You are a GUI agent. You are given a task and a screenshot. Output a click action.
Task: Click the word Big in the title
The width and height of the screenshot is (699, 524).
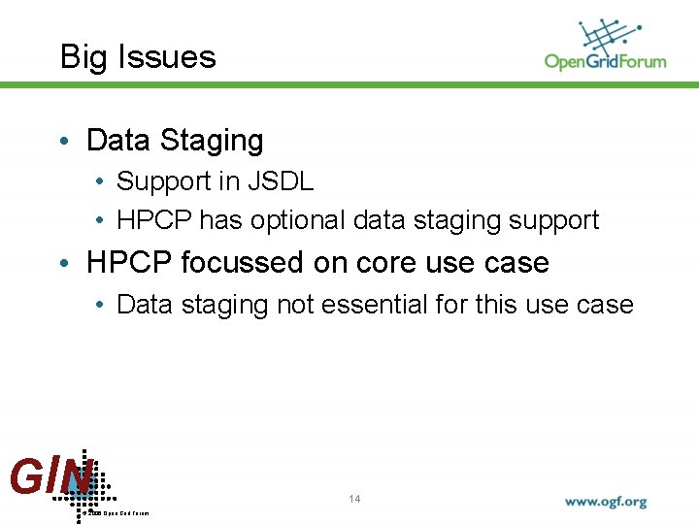point(80,57)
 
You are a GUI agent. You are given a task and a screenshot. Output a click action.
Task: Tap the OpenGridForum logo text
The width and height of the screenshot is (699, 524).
point(605,61)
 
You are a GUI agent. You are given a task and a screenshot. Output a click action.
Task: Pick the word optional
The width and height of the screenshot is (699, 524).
point(299,221)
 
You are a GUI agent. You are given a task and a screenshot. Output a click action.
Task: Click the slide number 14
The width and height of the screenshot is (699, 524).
point(354,499)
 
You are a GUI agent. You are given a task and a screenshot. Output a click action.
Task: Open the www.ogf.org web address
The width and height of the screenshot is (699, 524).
point(606,503)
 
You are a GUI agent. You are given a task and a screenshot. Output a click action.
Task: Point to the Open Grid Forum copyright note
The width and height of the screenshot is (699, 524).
point(116,512)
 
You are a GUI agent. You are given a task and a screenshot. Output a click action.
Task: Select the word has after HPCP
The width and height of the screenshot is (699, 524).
point(221,221)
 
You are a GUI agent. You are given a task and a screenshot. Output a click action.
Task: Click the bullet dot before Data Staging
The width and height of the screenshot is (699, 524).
point(64,142)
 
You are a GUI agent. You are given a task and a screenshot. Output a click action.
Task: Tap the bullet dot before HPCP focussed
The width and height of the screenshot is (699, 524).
point(64,264)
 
